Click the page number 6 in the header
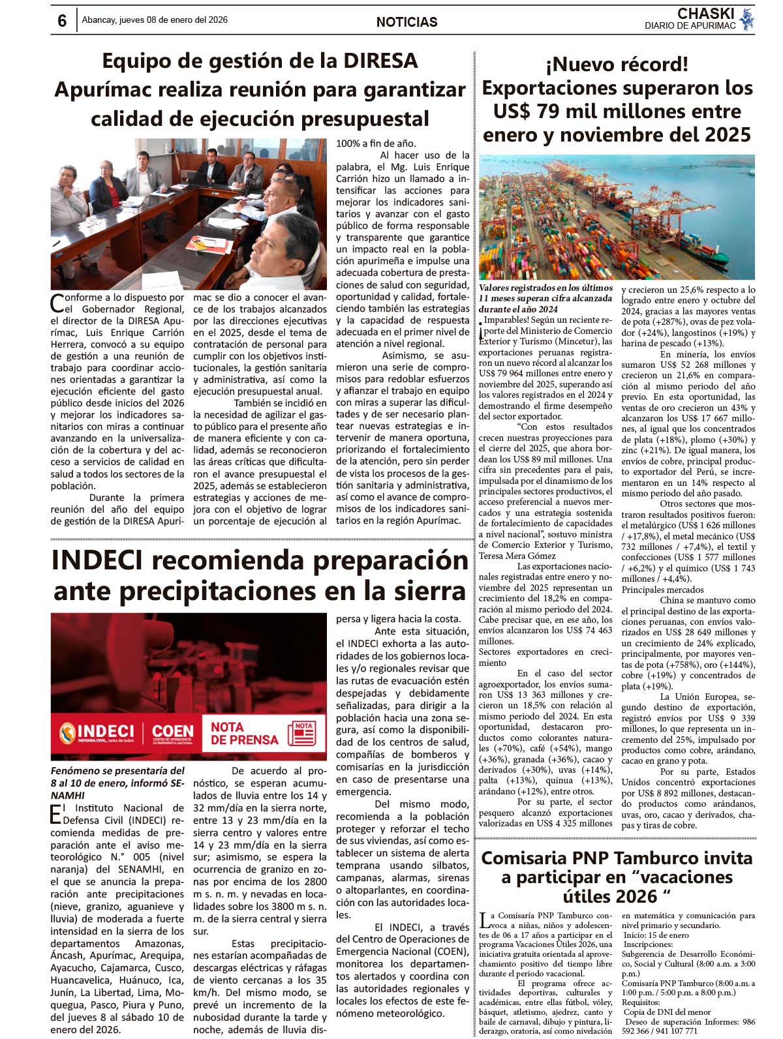click(62, 21)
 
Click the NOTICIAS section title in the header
click(407, 22)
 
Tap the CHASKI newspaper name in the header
click(705, 14)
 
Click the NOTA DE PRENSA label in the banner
click(244, 733)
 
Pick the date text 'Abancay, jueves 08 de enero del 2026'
click(155, 20)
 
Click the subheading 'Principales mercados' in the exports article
click(653, 590)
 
